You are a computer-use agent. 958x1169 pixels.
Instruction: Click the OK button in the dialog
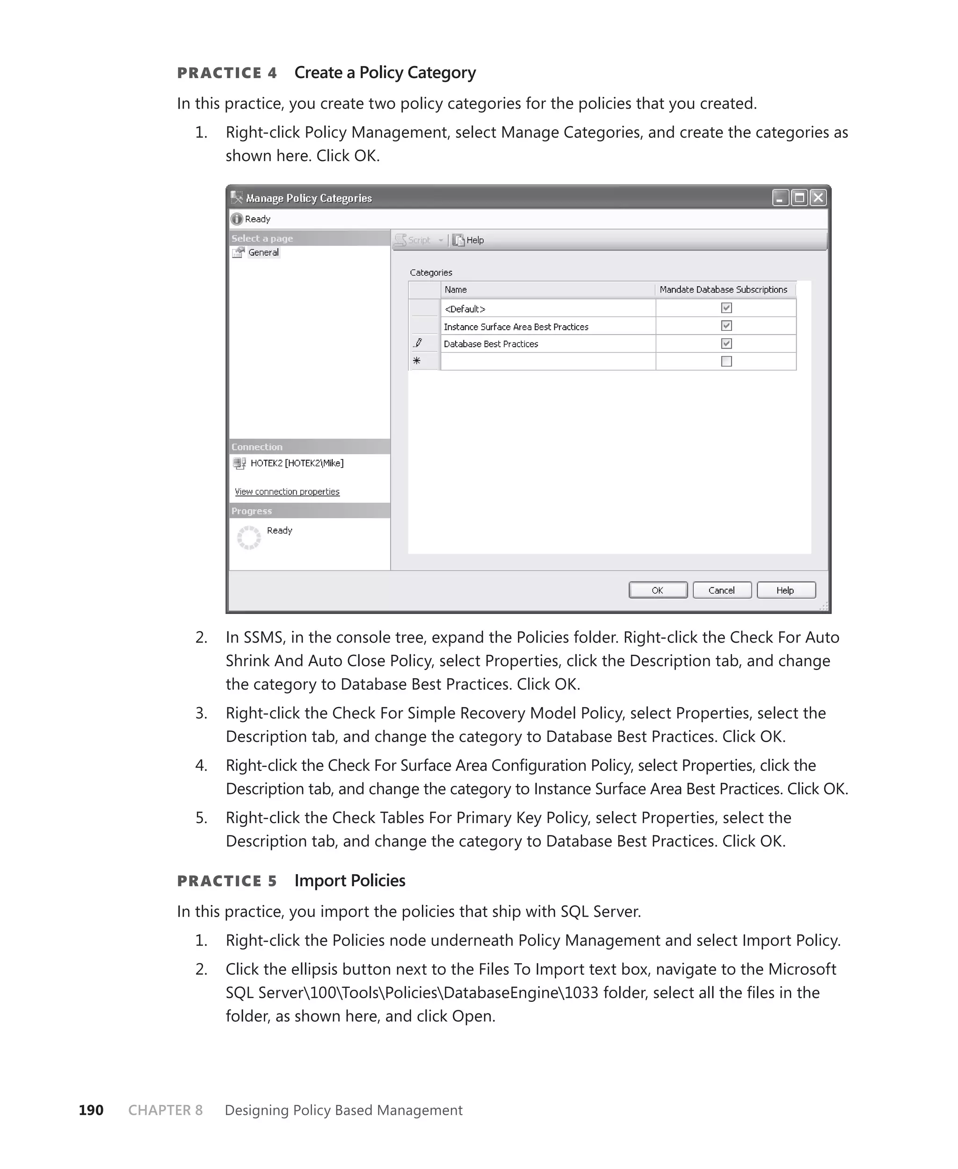(x=658, y=590)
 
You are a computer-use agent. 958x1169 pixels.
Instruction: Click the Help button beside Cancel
(x=786, y=590)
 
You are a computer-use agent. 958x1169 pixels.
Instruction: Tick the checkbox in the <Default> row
(x=726, y=308)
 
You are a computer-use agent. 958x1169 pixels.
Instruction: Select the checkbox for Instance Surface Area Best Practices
(x=726, y=326)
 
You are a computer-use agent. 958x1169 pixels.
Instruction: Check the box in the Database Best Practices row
(x=726, y=343)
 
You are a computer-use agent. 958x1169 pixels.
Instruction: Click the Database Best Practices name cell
(x=491, y=344)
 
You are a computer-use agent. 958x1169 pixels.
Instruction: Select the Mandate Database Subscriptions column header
(x=724, y=290)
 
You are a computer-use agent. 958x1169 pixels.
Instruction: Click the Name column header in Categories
(x=456, y=290)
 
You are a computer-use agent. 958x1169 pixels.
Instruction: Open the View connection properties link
(x=287, y=492)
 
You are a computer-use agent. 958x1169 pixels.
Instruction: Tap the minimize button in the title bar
(x=780, y=197)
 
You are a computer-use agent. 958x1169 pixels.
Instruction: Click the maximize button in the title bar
(x=799, y=197)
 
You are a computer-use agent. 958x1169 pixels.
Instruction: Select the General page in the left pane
(x=263, y=252)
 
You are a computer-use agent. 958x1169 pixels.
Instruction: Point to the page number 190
(x=91, y=1110)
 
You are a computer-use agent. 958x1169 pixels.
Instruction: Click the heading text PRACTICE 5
(x=227, y=881)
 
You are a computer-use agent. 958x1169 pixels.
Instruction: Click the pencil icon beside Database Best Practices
(x=418, y=343)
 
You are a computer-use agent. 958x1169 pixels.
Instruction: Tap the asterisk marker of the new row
(x=417, y=361)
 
